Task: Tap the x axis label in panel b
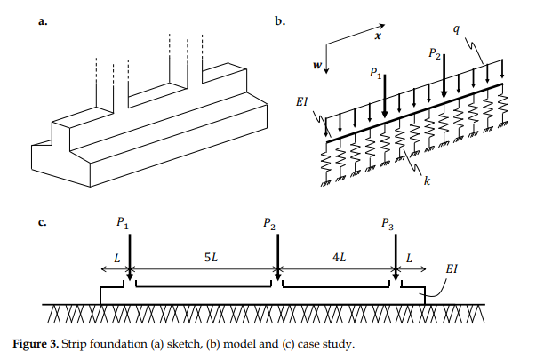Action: tap(377, 36)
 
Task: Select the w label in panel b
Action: tap(316, 65)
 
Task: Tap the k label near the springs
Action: tap(428, 181)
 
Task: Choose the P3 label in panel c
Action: tap(388, 225)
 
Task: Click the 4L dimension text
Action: tap(339, 259)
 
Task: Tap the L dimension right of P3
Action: tap(410, 259)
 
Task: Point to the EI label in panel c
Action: tap(452, 267)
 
